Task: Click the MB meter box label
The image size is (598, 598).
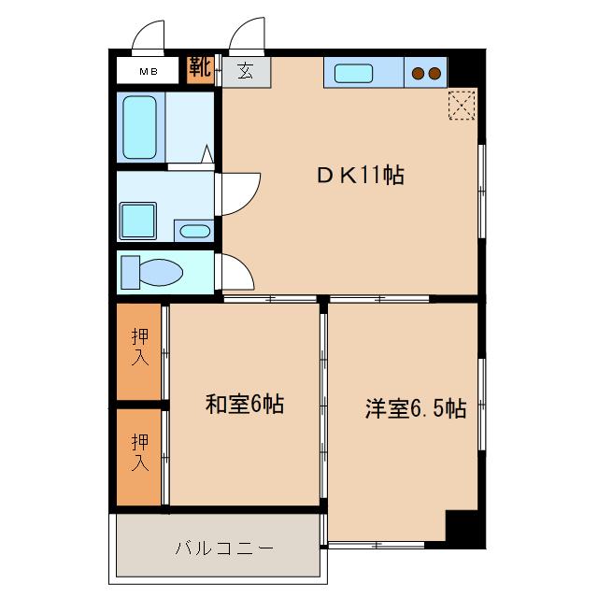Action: click(149, 71)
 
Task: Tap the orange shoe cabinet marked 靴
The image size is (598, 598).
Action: click(199, 68)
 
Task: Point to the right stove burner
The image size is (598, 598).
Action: click(434, 72)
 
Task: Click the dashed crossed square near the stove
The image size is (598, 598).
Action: click(463, 104)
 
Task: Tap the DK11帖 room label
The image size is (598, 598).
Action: click(360, 175)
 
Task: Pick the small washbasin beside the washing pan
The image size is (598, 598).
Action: click(193, 231)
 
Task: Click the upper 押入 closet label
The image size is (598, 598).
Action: click(140, 348)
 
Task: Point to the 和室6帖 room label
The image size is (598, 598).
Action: click(244, 405)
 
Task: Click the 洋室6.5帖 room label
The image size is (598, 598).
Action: click(415, 408)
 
